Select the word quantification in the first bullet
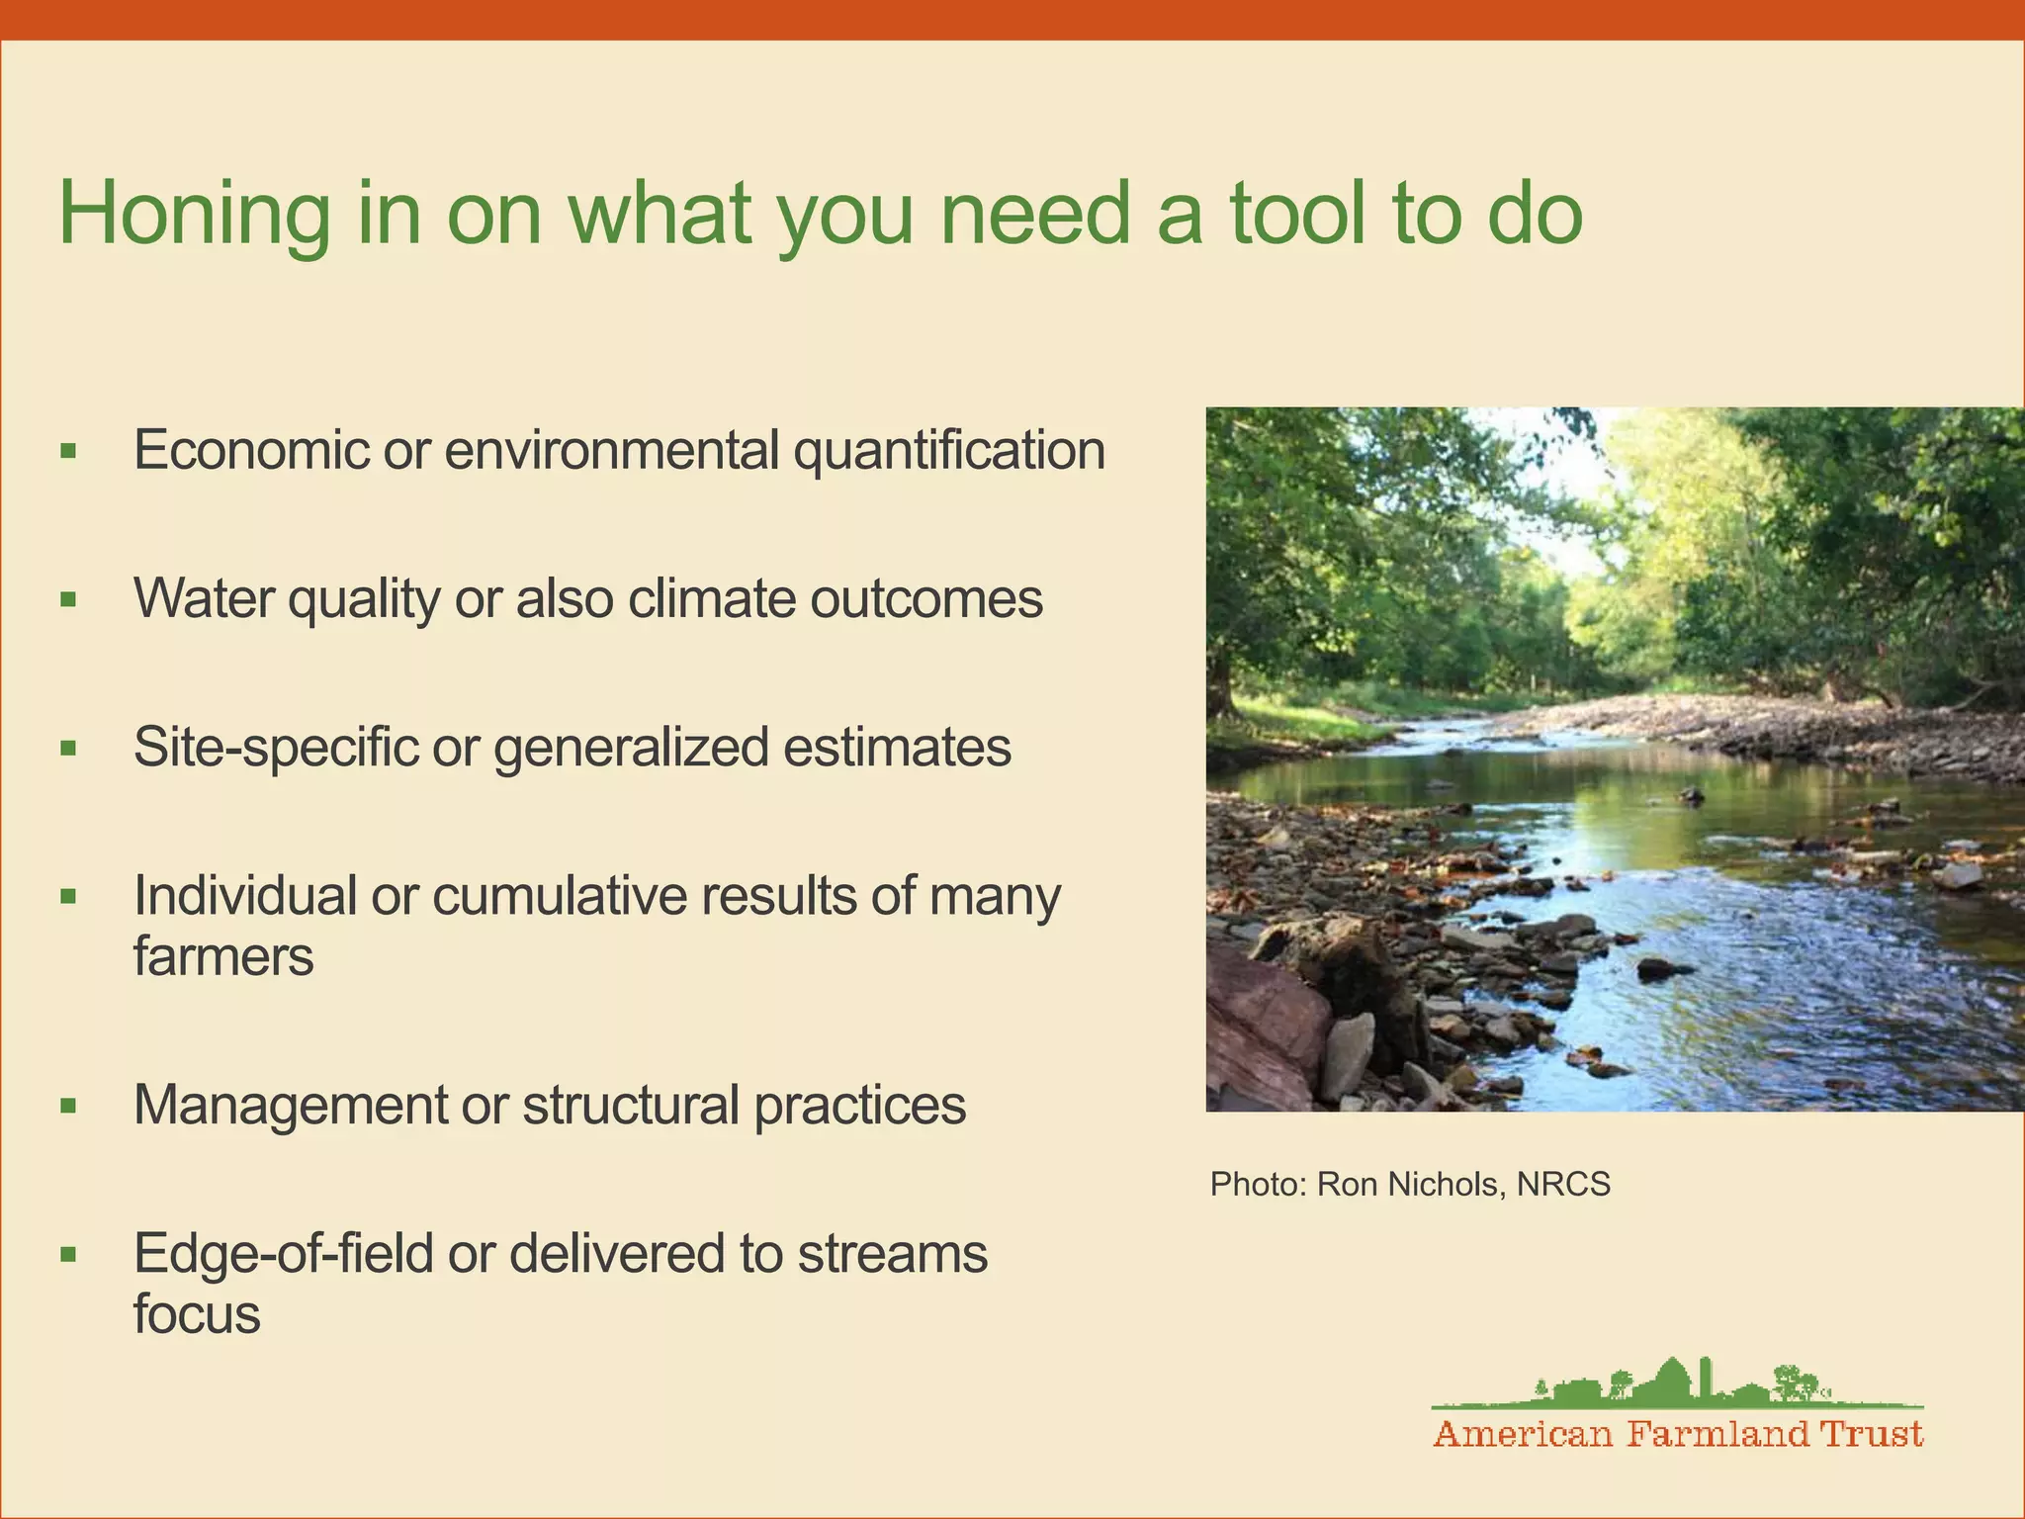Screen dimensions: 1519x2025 tap(949, 451)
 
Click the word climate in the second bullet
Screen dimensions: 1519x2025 tap(711, 599)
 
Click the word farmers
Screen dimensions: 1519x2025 tap(223, 957)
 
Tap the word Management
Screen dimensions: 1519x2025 tap(290, 1105)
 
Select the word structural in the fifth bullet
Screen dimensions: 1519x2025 tap(631, 1105)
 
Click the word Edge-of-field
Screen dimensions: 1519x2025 tap(283, 1254)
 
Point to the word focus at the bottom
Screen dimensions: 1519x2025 tap(197, 1315)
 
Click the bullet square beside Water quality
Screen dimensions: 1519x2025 tap(68, 599)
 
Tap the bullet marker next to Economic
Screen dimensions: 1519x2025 tap(68, 452)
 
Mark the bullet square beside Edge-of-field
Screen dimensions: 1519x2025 tap(68, 1255)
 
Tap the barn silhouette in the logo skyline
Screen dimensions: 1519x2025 tap(1671, 1380)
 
